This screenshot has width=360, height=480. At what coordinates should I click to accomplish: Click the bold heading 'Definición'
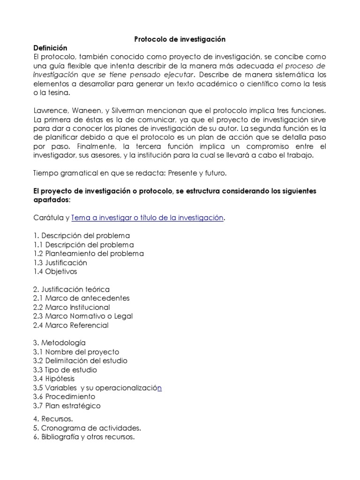coord(51,48)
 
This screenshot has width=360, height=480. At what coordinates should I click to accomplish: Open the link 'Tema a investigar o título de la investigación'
coord(148,217)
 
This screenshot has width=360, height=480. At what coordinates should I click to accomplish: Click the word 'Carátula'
coord(48,217)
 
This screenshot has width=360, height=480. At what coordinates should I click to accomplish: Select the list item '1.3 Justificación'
coord(60,262)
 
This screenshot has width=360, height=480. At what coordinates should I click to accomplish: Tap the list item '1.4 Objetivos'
coord(55,271)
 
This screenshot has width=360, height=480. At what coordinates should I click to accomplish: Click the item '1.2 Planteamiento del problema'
coord(88,254)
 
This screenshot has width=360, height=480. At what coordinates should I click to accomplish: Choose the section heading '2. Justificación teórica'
coord(72,289)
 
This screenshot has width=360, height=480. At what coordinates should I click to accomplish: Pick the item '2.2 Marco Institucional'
coord(72,307)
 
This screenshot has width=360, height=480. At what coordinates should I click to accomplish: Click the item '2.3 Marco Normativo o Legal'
coord(83,316)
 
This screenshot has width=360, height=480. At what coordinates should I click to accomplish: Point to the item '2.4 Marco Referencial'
coord(71,325)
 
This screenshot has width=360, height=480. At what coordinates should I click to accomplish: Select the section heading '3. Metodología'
coord(60,343)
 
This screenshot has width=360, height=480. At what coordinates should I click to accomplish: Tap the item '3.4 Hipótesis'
coord(54,378)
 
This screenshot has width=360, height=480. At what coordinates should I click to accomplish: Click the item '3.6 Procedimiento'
coord(64,397)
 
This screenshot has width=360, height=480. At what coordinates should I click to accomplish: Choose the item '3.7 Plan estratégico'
coord(67,405)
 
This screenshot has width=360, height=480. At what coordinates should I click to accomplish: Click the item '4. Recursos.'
coord(53,419)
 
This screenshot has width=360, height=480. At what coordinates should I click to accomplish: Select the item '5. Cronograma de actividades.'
coord(87,428)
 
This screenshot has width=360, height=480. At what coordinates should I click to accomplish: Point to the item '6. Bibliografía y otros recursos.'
coord(84,437)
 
